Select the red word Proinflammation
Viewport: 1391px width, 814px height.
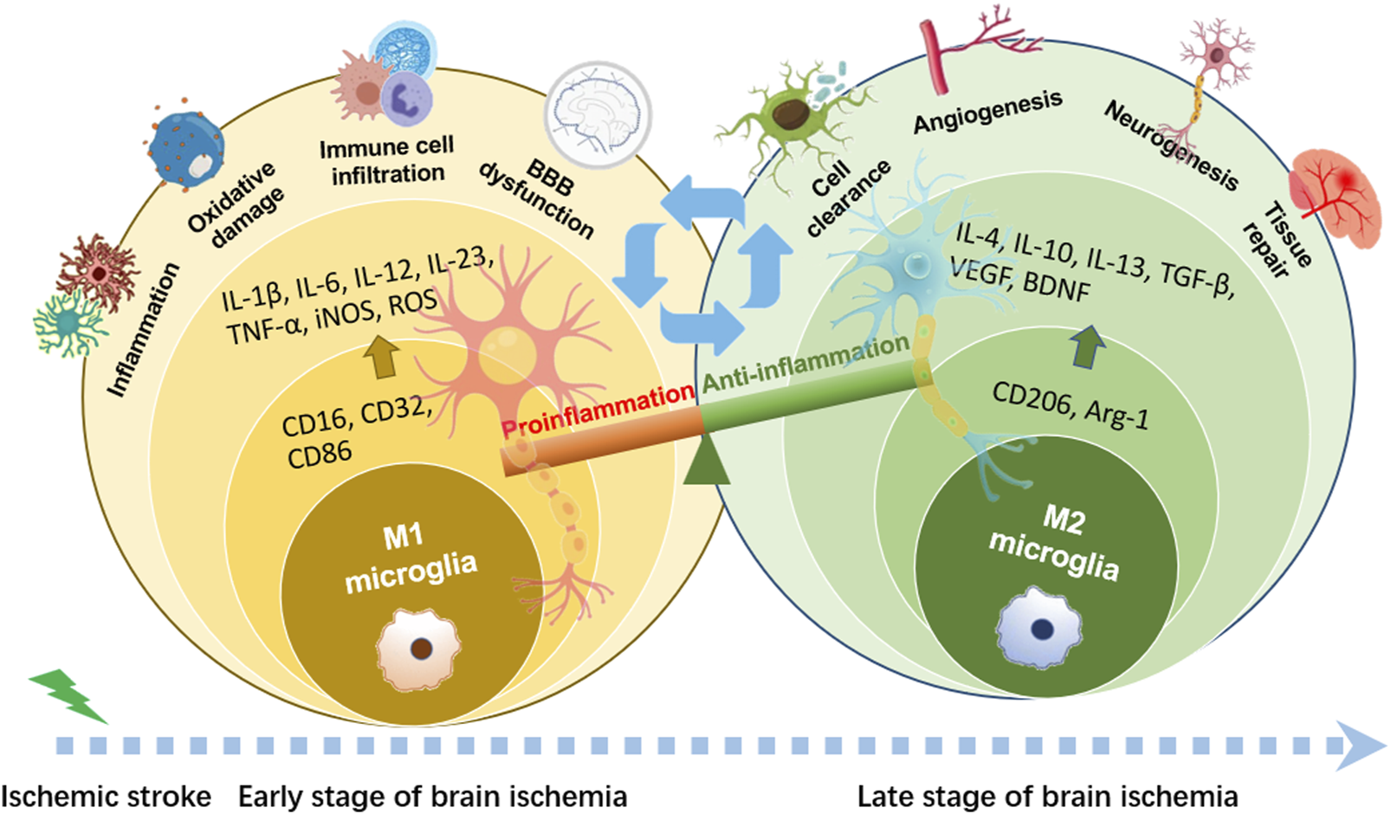point(598,410)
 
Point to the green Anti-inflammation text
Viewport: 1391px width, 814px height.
point(805,365)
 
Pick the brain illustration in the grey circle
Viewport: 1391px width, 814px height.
point(599,114)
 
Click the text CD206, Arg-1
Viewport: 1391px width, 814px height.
point(1071,404)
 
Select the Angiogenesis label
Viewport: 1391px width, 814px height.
point(987,113)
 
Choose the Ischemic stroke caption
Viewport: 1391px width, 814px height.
point(106,796)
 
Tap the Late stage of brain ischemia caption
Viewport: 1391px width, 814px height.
point(1047,796)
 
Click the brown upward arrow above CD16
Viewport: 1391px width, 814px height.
point(382,356)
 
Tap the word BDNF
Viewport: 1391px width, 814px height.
point(1056,286)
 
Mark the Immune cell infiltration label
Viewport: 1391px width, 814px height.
point(387,161)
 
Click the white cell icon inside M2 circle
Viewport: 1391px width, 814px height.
point(1039,628)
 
